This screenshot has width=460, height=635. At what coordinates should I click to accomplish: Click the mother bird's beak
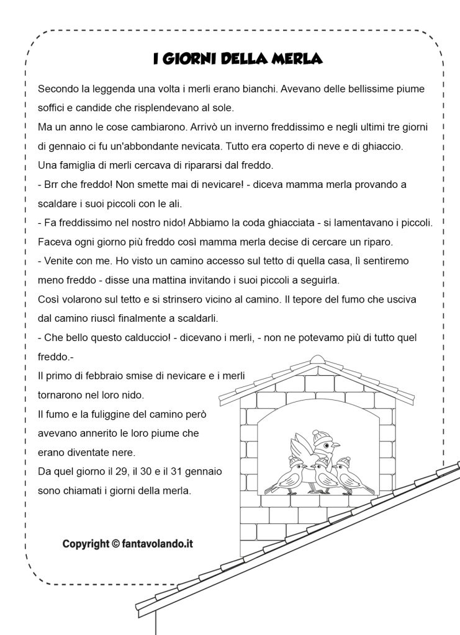[337, 445]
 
